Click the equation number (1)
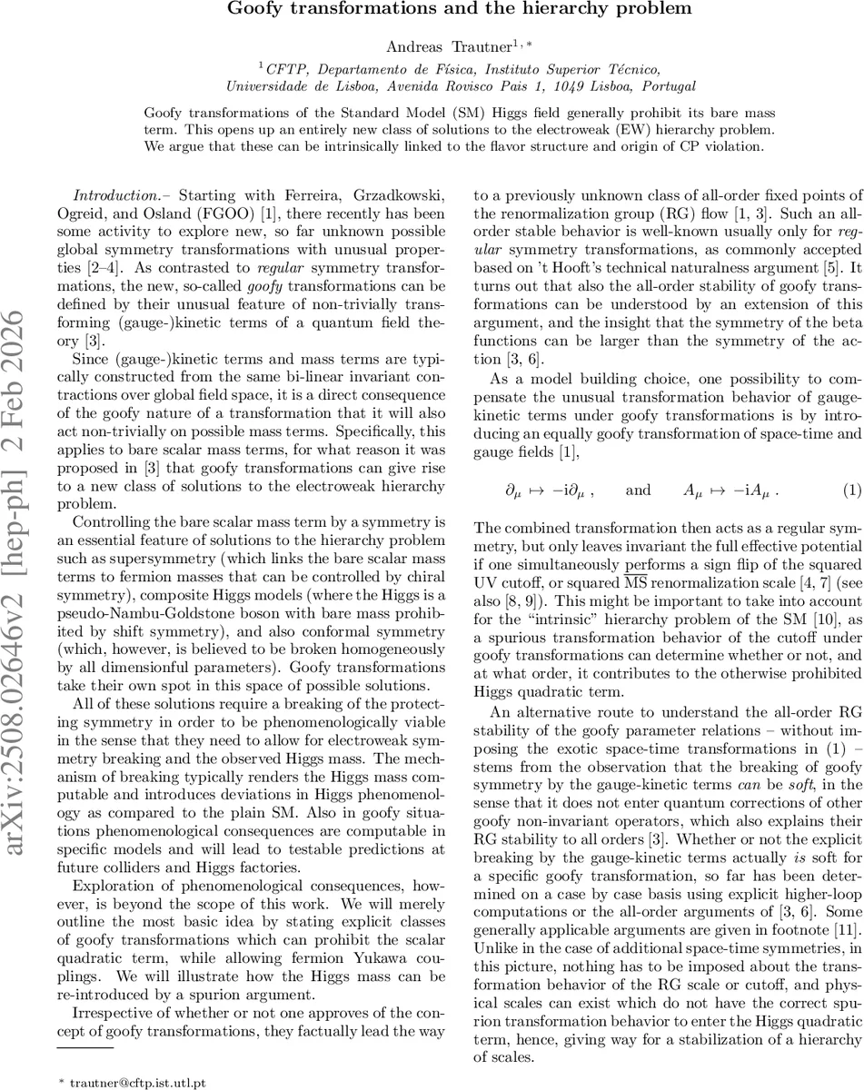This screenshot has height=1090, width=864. [850, 490]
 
